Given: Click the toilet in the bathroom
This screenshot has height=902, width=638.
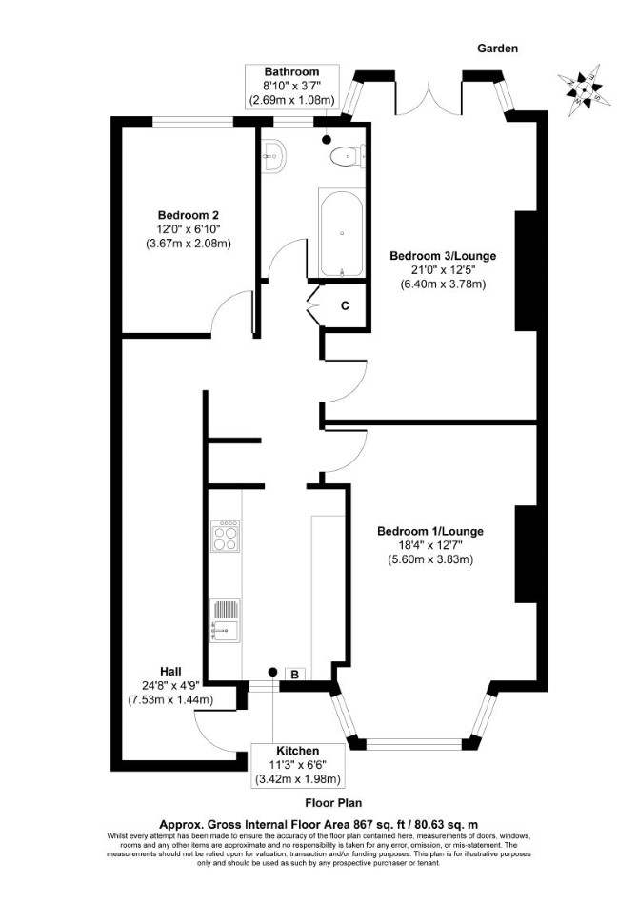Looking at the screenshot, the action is (348, 155).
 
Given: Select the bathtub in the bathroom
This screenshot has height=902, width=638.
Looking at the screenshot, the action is (342, 234).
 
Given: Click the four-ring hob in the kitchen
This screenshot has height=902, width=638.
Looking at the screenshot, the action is (225, 536).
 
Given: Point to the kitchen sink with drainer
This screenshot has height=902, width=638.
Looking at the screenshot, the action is (225, 620).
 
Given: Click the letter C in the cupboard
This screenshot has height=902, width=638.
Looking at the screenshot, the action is (345, 306).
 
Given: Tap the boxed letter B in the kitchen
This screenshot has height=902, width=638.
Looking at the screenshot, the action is (295, 675).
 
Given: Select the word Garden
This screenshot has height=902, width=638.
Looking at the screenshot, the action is (497, 49).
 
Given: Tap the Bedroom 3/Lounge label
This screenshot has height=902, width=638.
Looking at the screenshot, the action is (443, 255).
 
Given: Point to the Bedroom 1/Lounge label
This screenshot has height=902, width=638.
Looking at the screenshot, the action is (430, 531).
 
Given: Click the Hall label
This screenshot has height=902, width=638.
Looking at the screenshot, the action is (170, 672).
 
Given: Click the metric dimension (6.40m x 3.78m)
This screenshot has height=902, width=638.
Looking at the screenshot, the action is (443, 284).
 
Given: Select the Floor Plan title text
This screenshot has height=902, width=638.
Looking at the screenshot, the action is (333, 802).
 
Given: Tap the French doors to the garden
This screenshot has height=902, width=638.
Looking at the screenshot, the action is (429, 98).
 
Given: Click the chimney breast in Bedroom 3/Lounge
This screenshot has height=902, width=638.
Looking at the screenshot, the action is (526, 270).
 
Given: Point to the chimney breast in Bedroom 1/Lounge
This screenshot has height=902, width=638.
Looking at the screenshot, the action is (526, 554).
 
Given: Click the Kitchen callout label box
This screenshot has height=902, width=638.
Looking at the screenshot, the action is (298, 766).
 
